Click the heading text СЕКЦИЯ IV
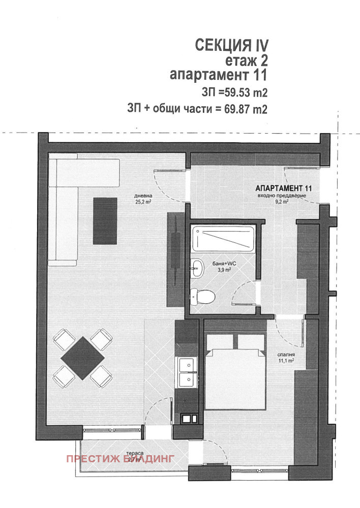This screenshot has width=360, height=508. coord(231,45)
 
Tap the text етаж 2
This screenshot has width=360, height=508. coord(246,60)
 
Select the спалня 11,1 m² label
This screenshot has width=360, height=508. coord(287,358)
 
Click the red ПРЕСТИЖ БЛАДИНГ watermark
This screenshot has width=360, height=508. coord(120,458)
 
